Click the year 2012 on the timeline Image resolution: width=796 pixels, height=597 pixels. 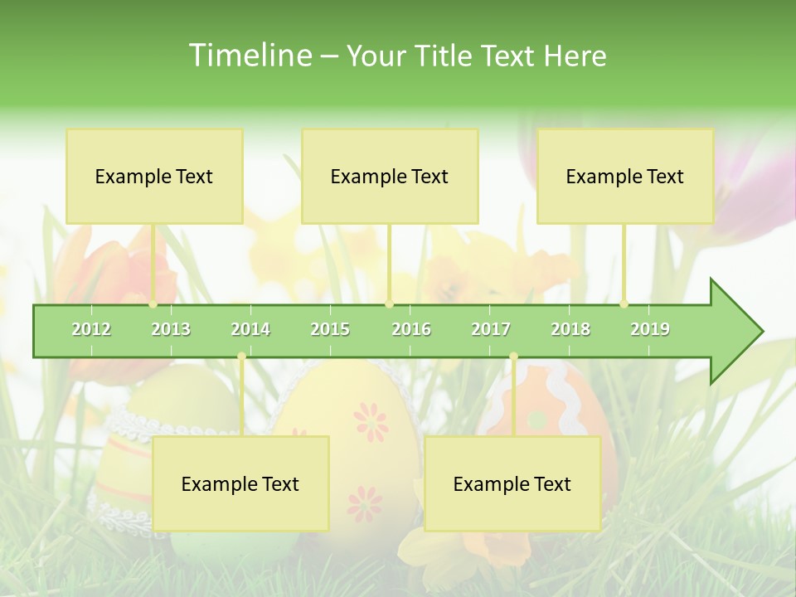point(91,329)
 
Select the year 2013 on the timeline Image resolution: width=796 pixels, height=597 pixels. point(171,329)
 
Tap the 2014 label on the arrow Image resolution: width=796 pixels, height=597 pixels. point(250,329)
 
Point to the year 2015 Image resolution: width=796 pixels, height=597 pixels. point(330,329)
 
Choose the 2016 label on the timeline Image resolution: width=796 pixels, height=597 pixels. point(411,329)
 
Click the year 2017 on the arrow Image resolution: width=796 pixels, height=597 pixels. point(491,329)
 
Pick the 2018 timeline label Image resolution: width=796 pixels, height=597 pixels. point(570,329)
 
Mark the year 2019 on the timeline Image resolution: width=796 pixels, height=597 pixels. point(650,329)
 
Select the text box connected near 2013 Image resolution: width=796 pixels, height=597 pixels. point(154,176)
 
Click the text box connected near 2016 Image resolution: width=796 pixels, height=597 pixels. point(390,176)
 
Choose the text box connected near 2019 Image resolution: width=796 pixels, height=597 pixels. point(625,176)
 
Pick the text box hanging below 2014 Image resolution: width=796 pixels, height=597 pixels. point(240,483)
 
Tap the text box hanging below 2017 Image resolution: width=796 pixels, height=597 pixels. point(512,483)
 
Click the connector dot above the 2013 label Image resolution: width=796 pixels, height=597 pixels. point(153,304)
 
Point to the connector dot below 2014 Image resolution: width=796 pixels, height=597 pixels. point(241,357)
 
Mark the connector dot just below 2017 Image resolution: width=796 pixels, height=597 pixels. point(513,357)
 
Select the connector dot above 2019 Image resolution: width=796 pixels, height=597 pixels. point(624,304)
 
